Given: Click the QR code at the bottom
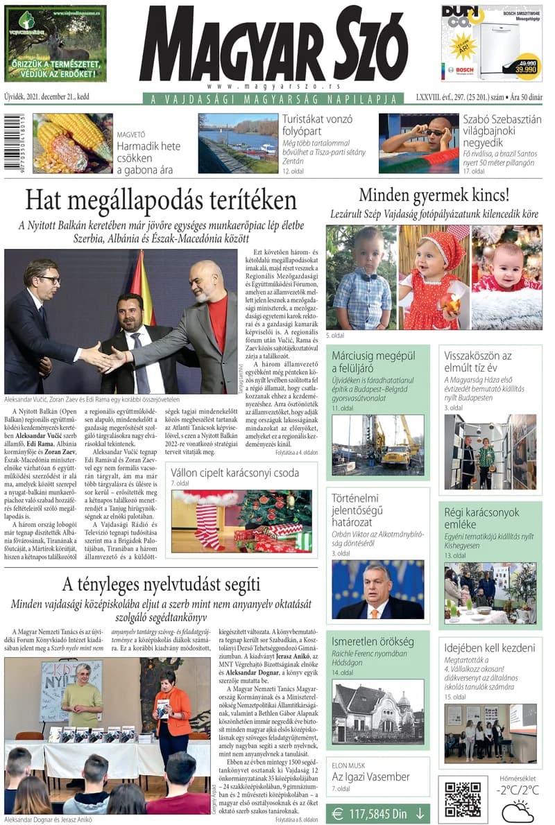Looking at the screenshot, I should click(463, 799).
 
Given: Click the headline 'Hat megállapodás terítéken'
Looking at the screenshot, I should click(161, 200).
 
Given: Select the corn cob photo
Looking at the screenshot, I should click(72, 144).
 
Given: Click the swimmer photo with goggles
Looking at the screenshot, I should click(418, 143).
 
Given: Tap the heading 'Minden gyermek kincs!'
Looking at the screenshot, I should click(434, 195).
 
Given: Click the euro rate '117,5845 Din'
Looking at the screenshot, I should click(378, 813).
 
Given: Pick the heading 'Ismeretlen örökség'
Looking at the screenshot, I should click(372, 641).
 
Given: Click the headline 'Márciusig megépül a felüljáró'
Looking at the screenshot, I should click(373, 363).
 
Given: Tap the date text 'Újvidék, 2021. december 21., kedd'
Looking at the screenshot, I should click(46, 96).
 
